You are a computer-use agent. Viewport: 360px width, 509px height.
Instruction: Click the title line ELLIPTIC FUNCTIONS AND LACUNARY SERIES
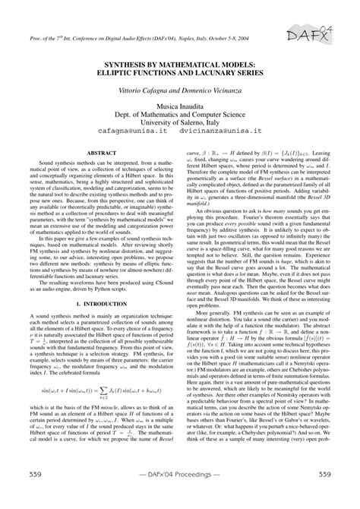[181, 76]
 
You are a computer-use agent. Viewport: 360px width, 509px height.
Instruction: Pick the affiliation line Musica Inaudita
[181, 107]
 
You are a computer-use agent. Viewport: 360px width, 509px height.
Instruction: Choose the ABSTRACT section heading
[100, 153]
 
